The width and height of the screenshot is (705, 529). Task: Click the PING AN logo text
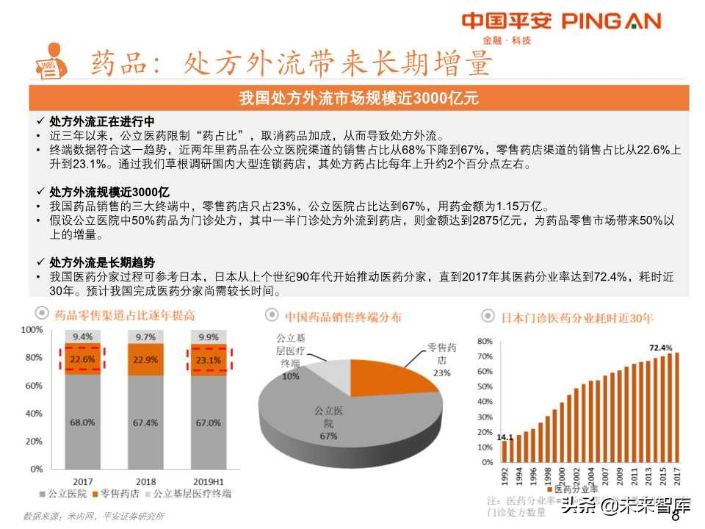point(611,21)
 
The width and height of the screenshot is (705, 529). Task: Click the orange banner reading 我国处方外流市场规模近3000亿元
point(359,98)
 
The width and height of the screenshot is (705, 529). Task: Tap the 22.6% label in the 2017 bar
point(82,359)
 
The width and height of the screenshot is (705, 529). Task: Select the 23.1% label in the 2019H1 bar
point(208,360)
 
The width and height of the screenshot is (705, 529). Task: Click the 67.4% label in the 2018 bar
point(145,422)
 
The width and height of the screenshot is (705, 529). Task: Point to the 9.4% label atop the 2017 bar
point(82,337)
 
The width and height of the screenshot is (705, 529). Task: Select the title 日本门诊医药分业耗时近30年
point(576,317)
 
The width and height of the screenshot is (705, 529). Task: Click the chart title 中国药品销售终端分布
point(343,317)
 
